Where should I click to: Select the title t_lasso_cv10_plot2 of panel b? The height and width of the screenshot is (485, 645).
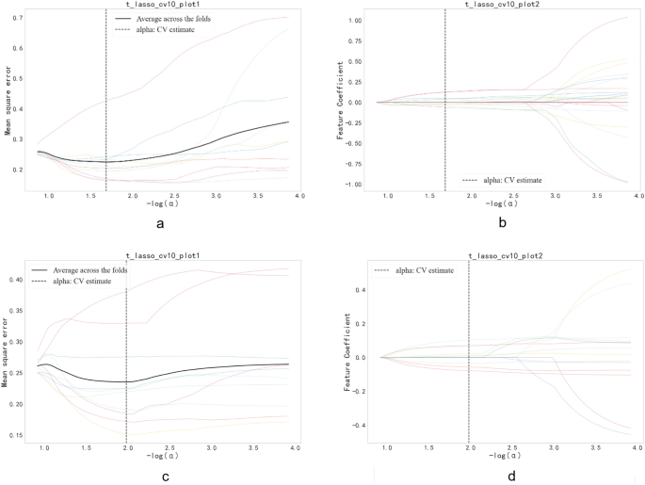(x=506, y=6)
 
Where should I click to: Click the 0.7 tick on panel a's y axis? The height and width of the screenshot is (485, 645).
(x=20, y=18)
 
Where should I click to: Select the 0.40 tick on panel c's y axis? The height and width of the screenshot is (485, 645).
(x=18, y=280)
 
